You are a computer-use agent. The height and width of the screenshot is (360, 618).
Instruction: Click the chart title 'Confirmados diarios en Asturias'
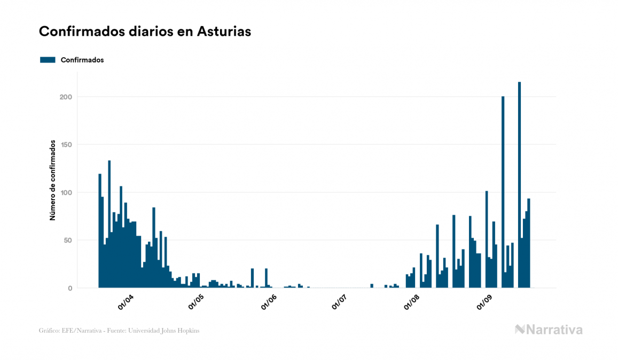point(145,32)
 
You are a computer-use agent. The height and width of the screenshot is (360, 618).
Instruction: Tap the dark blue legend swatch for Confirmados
point(48,60)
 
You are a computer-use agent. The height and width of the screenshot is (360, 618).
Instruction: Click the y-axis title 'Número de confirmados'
point(52,180)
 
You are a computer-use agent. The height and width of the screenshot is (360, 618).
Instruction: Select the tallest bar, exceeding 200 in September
point(519,185)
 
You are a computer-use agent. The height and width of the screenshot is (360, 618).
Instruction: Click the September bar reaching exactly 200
point(503,192)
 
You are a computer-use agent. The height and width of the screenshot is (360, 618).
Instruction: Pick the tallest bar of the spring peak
point(109,224)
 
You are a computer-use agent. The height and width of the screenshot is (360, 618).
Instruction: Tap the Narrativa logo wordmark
point(549,330)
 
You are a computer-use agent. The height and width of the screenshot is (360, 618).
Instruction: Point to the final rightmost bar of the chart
point(529,243)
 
